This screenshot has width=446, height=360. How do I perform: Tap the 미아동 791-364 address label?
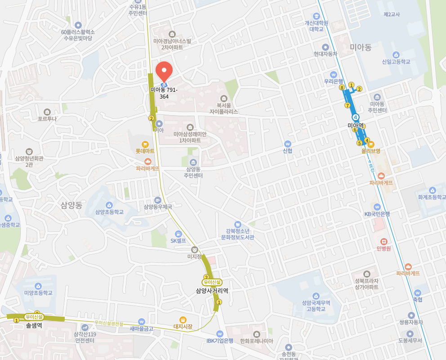pos(164,93)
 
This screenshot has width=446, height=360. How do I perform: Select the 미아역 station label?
pos(355,126)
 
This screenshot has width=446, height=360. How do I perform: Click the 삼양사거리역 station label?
pos(212,291)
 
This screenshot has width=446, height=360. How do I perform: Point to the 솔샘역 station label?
pos(34,325)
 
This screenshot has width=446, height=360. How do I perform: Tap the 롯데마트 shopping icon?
pos(145,144)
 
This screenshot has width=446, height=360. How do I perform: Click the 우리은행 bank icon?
pos(334,74)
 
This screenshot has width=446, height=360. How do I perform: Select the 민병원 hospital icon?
pos(384,241)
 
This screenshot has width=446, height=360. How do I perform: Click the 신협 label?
pos(288,151)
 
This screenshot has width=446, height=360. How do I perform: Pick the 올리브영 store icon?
pos(371,144)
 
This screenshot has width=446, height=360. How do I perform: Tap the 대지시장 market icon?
pos(183,319)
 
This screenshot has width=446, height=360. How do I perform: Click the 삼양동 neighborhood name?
pos(71,205)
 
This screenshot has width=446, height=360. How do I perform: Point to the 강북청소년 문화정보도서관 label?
pos(238,234)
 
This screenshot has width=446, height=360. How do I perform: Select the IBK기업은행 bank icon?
pos(219,333)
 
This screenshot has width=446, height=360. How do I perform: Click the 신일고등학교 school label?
pos(396,62)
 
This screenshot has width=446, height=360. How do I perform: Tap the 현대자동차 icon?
pos(326,47)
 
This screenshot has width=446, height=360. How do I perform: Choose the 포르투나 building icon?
pos(47,112)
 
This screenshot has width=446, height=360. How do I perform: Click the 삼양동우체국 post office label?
pos(158,207)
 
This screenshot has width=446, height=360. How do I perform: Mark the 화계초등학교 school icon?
pos(433,190)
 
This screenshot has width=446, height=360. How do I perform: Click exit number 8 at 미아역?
pos(342,87)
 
